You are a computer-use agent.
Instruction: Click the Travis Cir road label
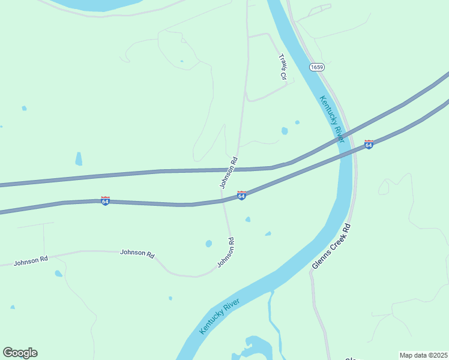tap(283, 67)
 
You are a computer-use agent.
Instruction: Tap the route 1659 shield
tap(317, 67)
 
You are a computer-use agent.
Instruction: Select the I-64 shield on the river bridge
tap(369, 145)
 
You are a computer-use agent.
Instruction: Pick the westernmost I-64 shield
tap(106, 201)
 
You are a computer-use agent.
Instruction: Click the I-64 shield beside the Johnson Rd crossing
tap(241, 196)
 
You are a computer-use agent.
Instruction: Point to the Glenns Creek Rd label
tap(331, 247)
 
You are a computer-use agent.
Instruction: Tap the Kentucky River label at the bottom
tap(220, 316)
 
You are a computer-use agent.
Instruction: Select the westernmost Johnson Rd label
tap(31, 261)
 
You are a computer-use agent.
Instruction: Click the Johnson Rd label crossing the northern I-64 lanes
tap(229, 173)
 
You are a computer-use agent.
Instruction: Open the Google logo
tap(20, 353)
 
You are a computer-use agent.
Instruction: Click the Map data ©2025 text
tap(423, 355)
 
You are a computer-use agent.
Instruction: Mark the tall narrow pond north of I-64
tap(79, 158)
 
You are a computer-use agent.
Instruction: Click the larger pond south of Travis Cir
tap(285, 131)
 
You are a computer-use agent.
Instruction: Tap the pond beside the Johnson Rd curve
tap(208, 244)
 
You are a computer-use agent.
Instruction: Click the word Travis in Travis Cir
tap(282, 62)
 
